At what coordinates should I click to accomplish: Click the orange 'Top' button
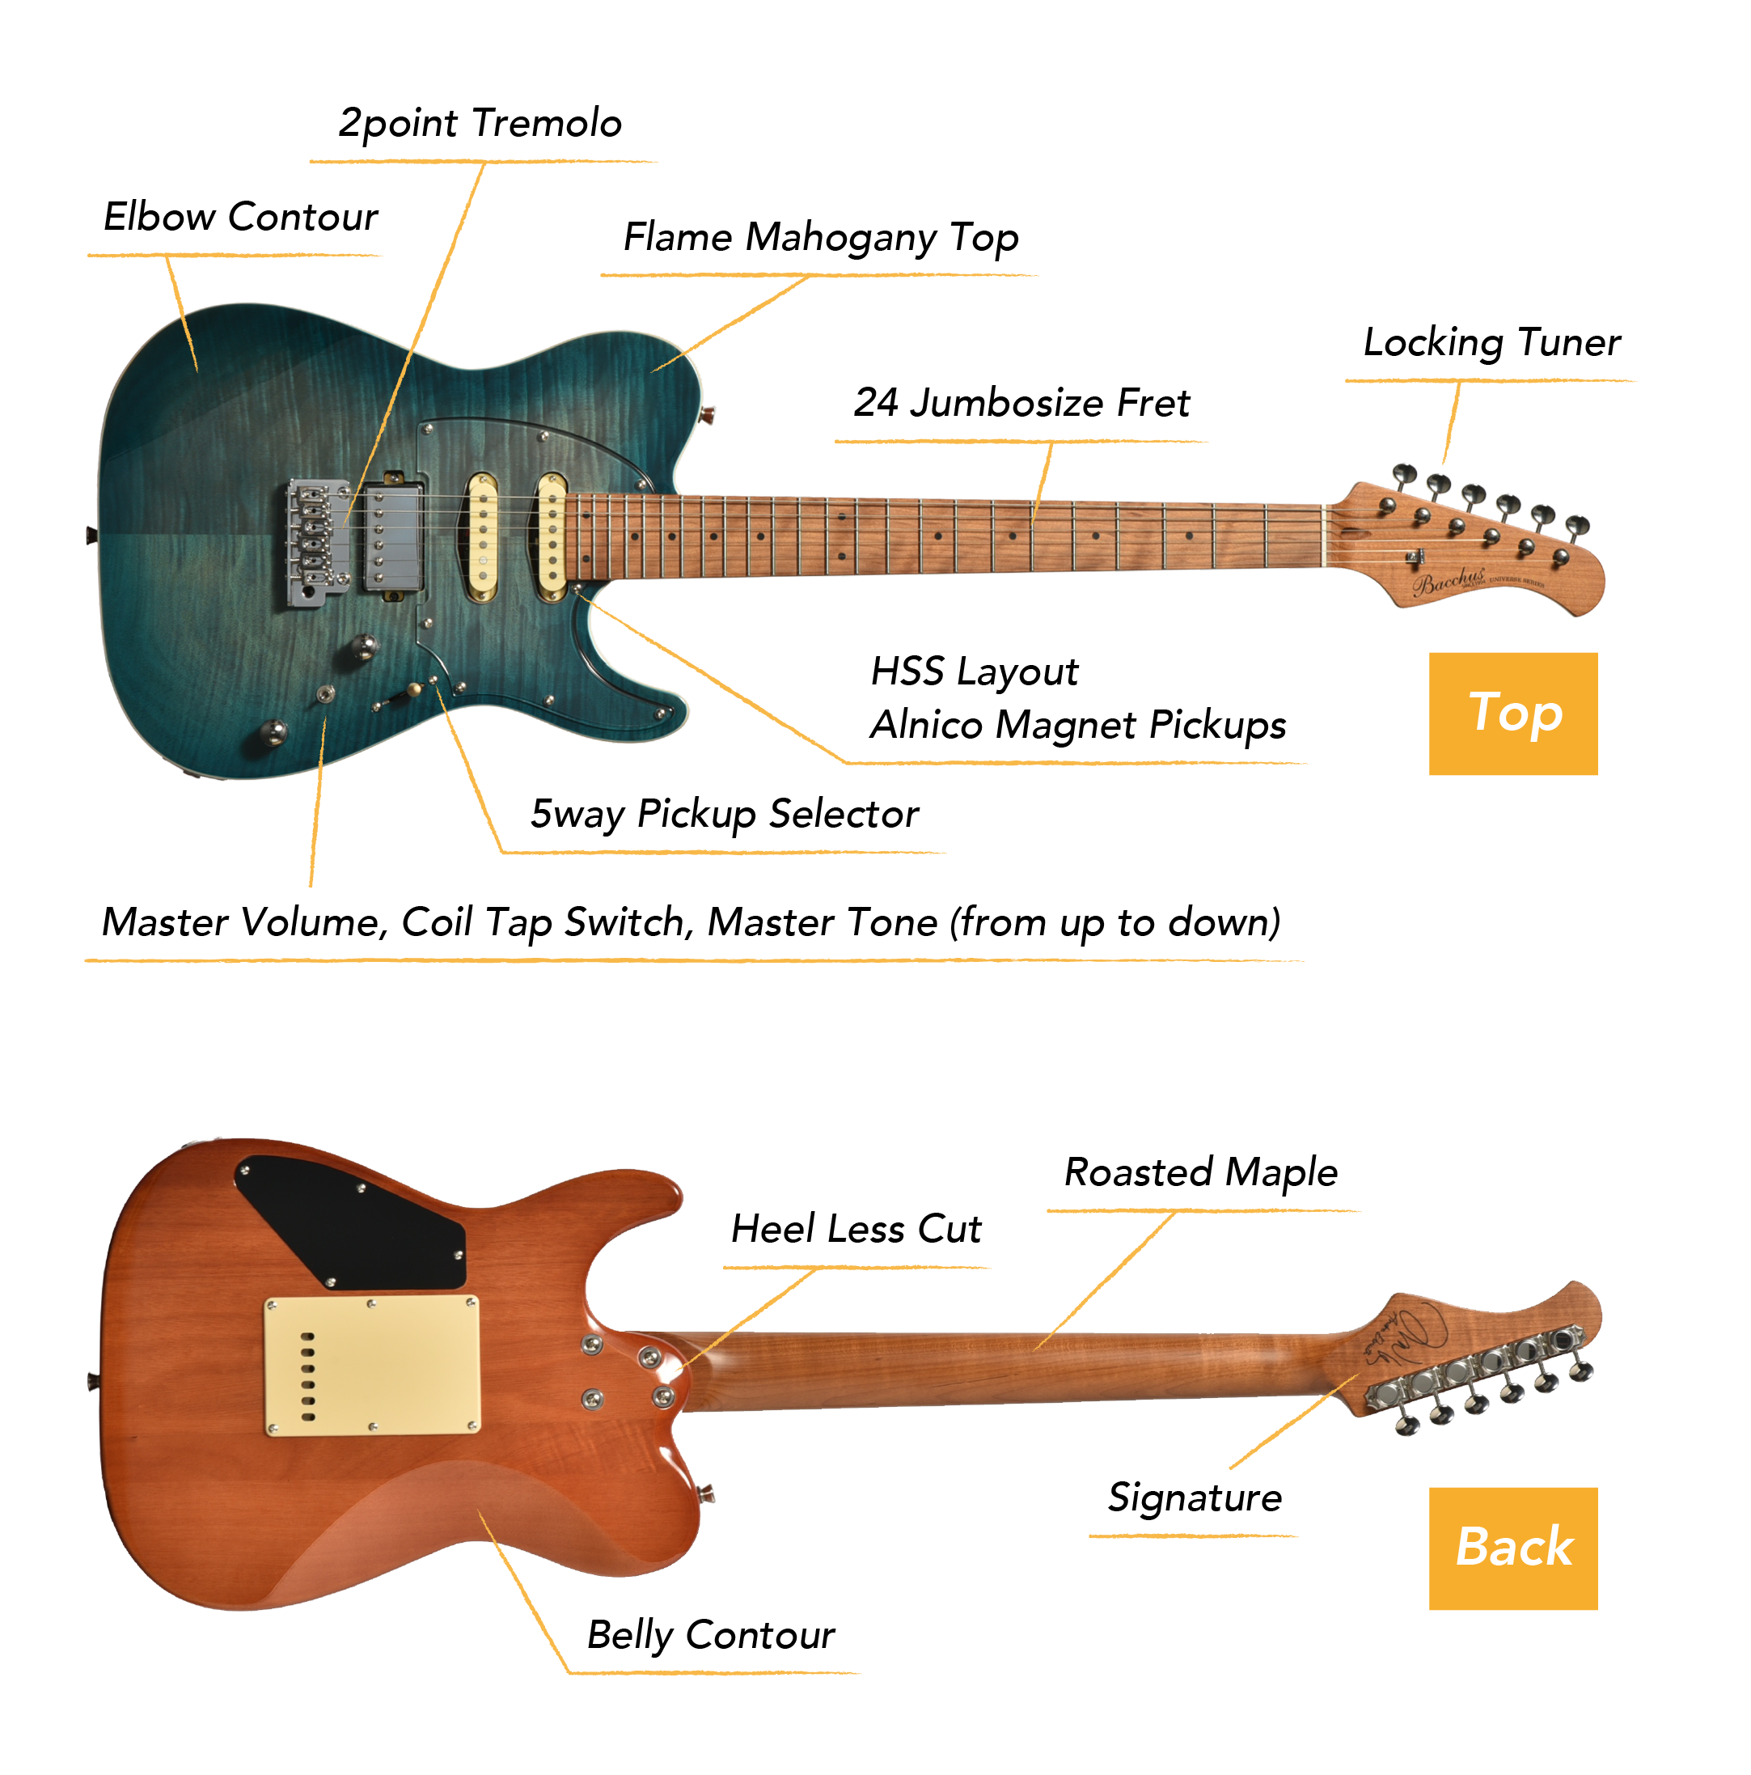pyautogui.click(x=1512, y=713)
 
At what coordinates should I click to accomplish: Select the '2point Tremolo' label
pyautogui.click(x=480, y=124)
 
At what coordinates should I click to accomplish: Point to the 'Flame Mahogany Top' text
pyautogui.click(x=820, y=237)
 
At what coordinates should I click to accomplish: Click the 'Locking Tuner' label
pyautogui.click(x=1491, y=343)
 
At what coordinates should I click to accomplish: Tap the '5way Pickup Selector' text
pyautogui.click(x=724, y=814)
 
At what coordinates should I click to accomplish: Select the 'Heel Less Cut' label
pyautogui.click(x=856, y=1228)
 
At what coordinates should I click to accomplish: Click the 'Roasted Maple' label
pyautogui.click(x=1199, y=1172)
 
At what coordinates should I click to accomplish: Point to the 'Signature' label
pyautogui.click(x=1195, y=1498)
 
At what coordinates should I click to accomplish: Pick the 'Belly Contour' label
pyautogui.click(x=710, y=1635)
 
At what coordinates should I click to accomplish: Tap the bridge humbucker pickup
pyautogui.click(x=392, y=536)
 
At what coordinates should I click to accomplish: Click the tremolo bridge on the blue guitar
pyautogui.click(x=317, y=541)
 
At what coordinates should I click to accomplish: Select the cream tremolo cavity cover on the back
pyautogui.click(x=371, y=1366)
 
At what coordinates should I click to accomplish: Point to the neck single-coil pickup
pyautogui.click(x=552, y=536)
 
